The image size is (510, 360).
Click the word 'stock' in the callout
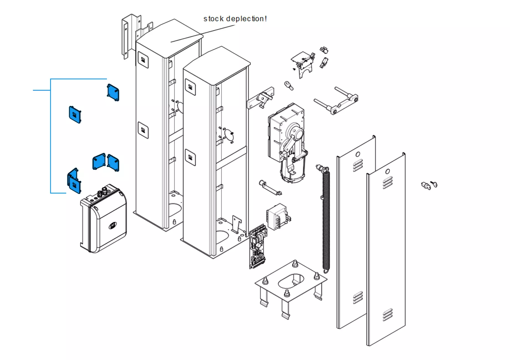213,19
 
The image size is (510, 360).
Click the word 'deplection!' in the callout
246,19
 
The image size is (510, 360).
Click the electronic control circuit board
258,246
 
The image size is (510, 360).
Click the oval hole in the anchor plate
291,281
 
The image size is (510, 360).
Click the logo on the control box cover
112,225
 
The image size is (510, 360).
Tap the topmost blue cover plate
113,93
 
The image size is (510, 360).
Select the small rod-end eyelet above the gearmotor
289,85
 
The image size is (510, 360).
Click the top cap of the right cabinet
217,66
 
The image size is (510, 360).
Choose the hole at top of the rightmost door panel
387,171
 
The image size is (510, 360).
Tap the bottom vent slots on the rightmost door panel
388,315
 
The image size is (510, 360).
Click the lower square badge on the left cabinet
143,130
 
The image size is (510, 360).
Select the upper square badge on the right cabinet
190,87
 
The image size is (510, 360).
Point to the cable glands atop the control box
102,192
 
